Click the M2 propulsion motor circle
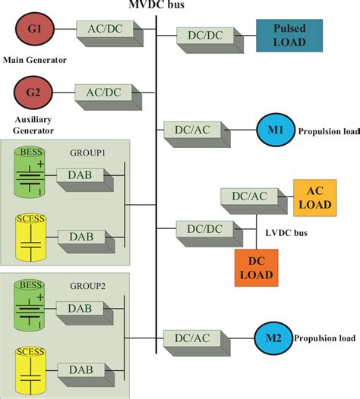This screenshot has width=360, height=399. [272, 337]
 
